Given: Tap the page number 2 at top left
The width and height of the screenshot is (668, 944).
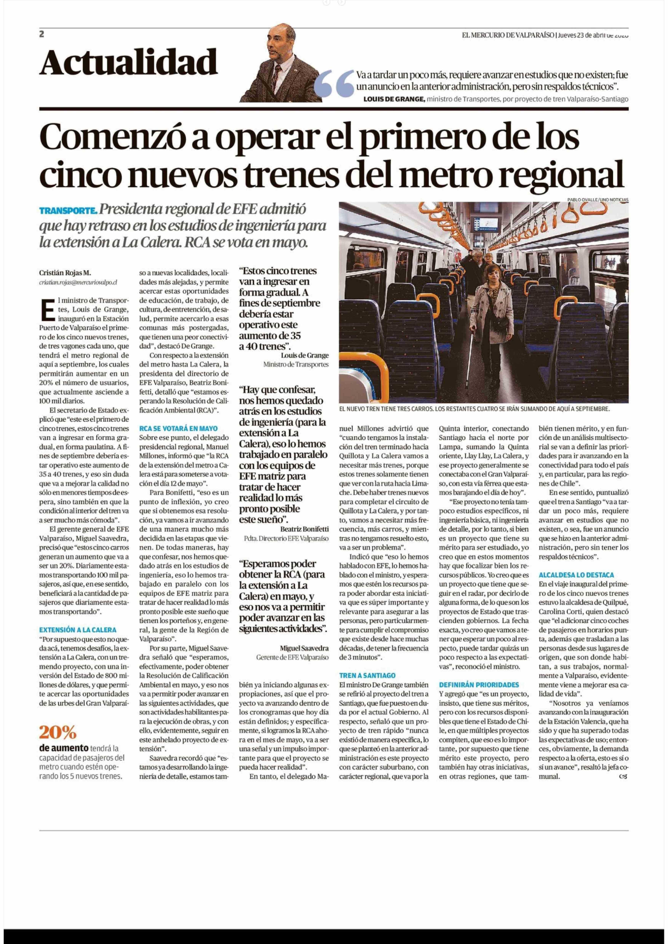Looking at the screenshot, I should click(x=42, y=34).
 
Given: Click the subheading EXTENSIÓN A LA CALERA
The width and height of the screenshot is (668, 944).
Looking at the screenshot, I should click(x=78, y=630).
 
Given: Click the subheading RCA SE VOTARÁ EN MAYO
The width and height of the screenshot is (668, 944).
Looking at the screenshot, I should click(x=178, y=428).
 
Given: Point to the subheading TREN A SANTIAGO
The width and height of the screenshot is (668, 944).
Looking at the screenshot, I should click(x=367, y=675).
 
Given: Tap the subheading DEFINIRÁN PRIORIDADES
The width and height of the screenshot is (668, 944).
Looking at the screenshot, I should click(x=479, y=685).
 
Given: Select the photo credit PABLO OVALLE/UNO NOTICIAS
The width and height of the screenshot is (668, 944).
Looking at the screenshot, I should click(x=598, y=200).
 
